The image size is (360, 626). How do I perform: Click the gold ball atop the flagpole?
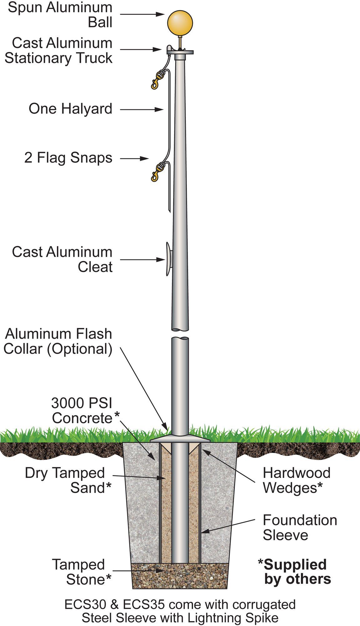pos(180,23)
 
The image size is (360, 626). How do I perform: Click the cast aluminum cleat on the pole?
pos(169,259)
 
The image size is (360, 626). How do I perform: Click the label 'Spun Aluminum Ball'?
pos(60,15)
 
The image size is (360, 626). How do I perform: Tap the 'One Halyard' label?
pos(70,109)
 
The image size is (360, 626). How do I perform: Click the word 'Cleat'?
pos(95,267)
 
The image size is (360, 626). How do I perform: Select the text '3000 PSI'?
pos(81,403)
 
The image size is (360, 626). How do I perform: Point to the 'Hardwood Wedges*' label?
pos(296,480)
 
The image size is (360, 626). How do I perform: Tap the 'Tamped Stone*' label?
pos(82,572)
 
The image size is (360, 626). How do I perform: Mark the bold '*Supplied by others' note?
pos(294,572)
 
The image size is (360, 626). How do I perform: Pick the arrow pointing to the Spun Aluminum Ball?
pos(142,14)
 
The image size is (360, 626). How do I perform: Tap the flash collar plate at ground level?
pos(180,439)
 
